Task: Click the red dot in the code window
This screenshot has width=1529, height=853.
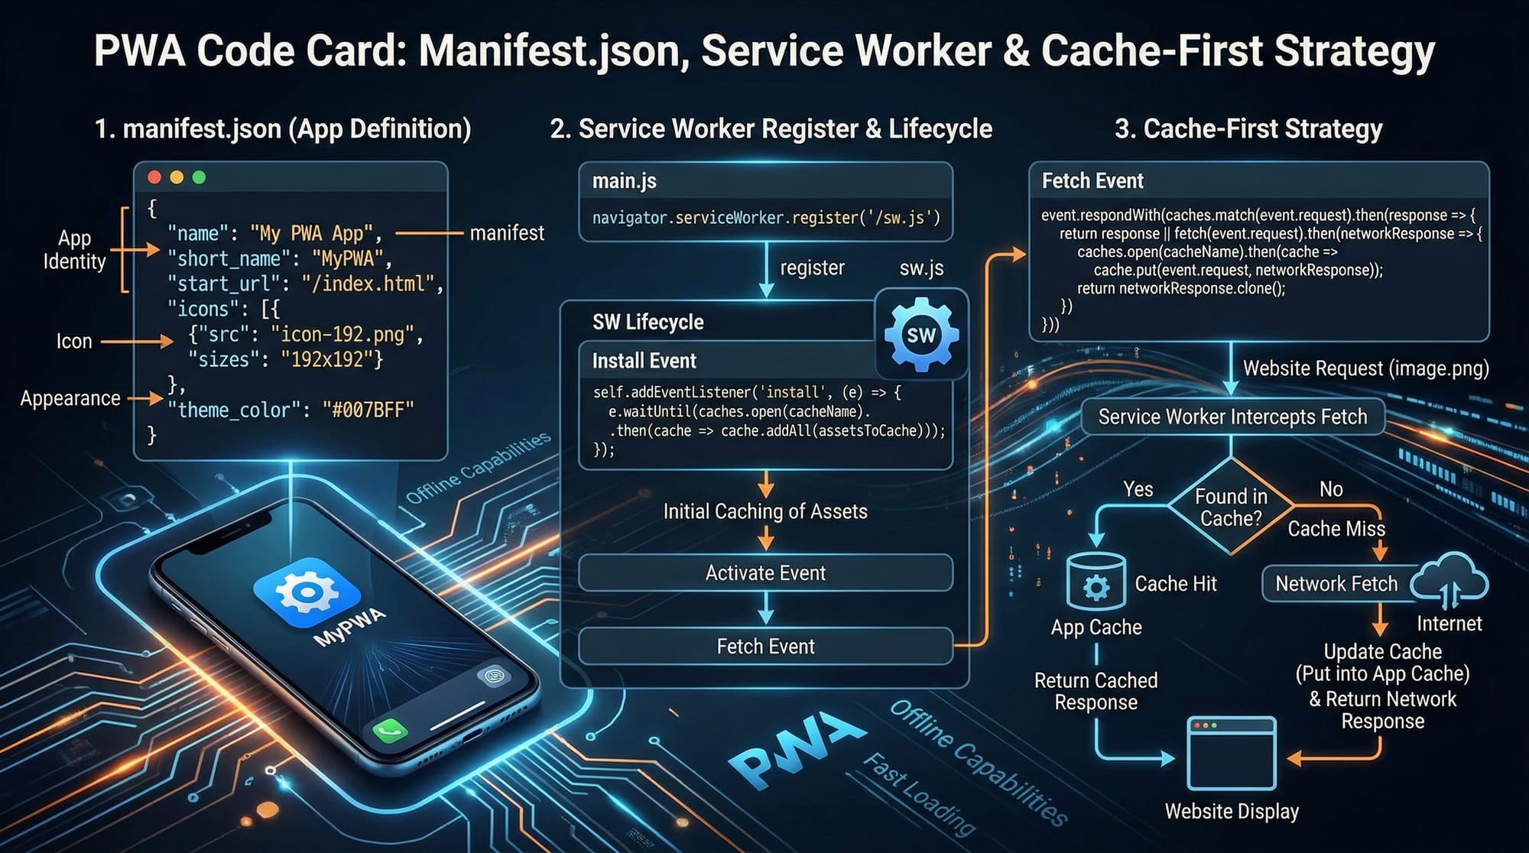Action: tap(154, 177)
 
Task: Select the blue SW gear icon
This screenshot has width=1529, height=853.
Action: tap(920, 335)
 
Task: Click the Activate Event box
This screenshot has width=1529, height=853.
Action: tap(765, 572)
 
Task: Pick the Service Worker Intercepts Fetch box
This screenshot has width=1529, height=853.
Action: tap(1232, 417)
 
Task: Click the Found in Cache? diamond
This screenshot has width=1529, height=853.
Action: tap(1231, 507)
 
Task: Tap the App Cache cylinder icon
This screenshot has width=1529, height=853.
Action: tap(1096, 584)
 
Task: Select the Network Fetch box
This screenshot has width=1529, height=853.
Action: tap(1336, 584)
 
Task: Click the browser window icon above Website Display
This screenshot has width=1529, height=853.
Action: tap(1231, 754)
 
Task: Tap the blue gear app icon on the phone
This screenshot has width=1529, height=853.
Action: tap(307, 592)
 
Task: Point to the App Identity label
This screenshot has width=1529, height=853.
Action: tap(74, 250)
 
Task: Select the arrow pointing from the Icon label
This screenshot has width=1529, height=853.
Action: tap(137, 342)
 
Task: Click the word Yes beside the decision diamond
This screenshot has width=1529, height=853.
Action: tap(1138, 489)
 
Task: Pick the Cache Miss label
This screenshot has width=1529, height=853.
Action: tap(1336, 529)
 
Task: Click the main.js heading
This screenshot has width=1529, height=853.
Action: tap(624, 181)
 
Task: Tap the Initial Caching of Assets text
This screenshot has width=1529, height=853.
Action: tap(765, 511)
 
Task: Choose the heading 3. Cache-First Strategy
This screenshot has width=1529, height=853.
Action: tap(1248, 128)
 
